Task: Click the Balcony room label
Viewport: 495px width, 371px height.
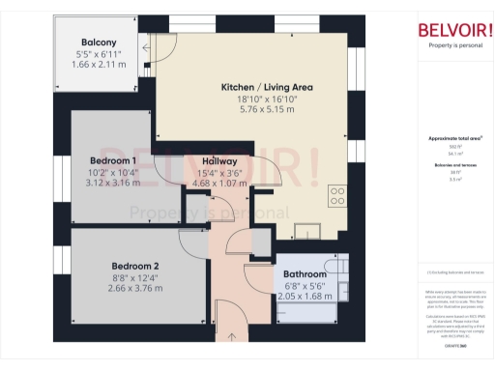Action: coord(99,43)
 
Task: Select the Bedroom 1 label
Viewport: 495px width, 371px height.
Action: coord(113,159)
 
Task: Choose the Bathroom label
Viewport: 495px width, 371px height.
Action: coord(305,274)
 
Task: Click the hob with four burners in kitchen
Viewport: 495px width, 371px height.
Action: coord(337,196)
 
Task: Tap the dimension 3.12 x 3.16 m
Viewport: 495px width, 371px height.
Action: coord(113,183)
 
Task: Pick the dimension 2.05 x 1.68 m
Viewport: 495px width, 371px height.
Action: coord(305,297)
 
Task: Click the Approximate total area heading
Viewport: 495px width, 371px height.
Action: coord(454,138)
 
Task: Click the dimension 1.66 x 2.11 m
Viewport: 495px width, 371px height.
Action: coord(99,65)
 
